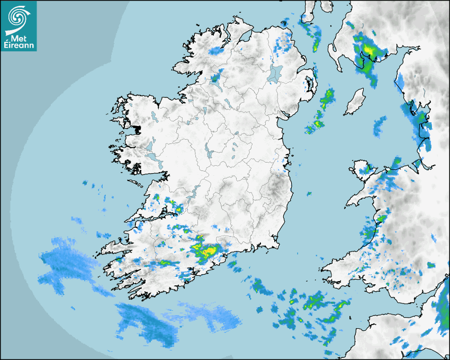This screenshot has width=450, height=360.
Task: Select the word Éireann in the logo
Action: coord(19,46)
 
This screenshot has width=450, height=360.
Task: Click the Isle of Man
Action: coord(355,102)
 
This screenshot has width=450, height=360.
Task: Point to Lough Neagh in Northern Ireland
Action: coord(276,73)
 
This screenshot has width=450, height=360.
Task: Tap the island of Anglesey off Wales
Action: coord(363,168)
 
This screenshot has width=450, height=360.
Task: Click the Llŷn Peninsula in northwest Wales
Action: coord(360,198)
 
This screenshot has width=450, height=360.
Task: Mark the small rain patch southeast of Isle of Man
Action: coord(380,125)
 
